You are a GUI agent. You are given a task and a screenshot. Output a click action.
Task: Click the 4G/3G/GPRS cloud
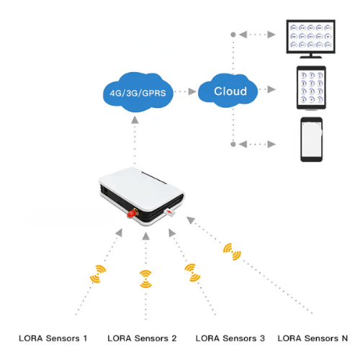(137, 93)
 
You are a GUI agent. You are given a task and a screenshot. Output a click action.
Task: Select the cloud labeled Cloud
(230, 91)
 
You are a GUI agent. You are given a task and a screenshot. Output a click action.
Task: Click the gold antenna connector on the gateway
(132, 214)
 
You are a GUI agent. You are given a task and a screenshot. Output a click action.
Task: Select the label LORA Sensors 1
(53, 338)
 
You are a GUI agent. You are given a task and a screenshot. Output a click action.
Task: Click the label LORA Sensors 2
(142, 338)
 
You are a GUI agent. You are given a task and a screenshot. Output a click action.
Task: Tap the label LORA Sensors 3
(230, 338)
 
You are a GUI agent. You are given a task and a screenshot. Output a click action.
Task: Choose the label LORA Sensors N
(313, 338)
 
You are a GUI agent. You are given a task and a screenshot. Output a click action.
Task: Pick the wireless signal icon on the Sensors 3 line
(191, 271)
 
